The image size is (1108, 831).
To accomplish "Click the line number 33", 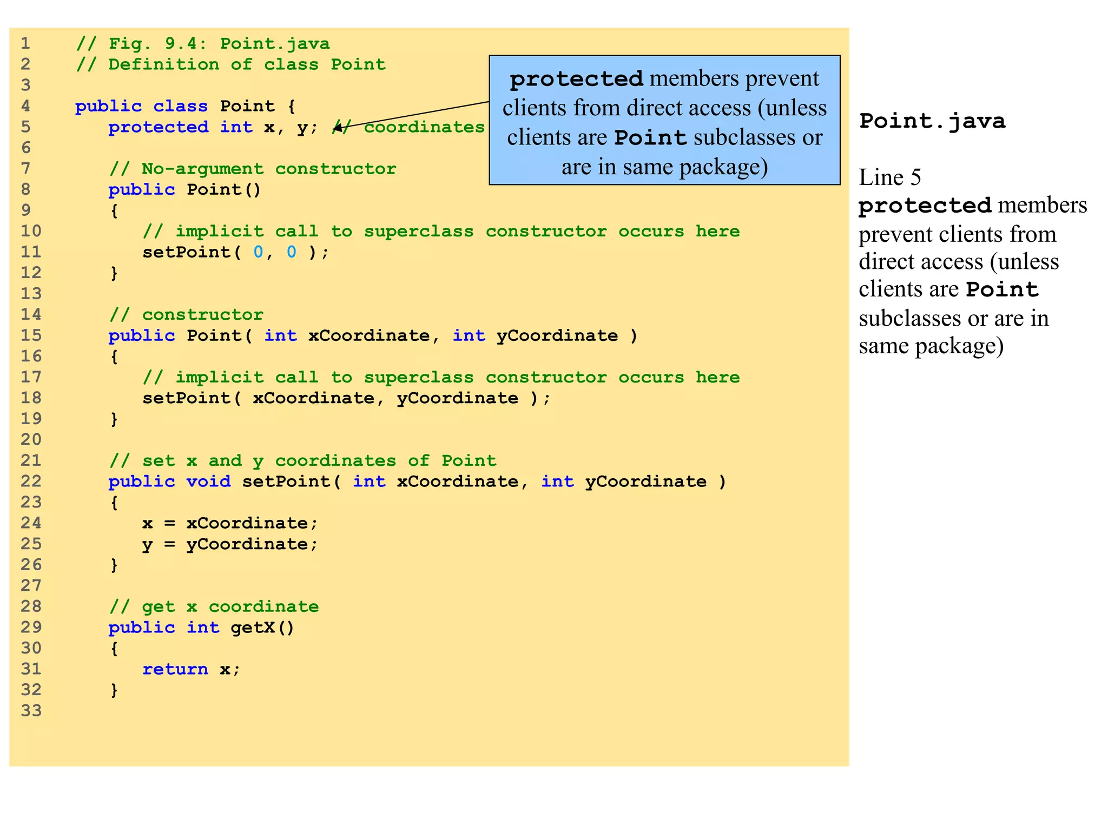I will tap(31, 710).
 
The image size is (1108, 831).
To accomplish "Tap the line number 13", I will tap(31, 294).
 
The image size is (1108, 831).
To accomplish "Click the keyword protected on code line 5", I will tap(158, 127).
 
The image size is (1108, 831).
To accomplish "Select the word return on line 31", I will tap(175, 669).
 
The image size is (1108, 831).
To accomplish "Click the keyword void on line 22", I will tap(208, 482).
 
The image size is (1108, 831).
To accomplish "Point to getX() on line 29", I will tap(262, 628).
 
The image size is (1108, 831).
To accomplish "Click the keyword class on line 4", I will tap(180, 106).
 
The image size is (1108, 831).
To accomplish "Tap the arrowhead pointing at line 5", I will tap(338, 128).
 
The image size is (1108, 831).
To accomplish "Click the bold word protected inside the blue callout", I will tap(576, 80).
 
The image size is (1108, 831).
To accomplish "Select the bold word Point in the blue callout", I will tap(650, 138).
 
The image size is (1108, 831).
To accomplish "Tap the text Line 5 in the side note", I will tap(889, 177).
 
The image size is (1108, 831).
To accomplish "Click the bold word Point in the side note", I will tap(1002, 289).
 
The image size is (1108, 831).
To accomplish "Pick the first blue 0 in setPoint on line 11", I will tap(258, 252).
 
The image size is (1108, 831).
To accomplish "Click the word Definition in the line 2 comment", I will tap(164, 64).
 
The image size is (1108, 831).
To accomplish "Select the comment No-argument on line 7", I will tap(202, 169).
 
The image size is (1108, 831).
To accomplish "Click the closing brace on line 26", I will tap(114, 565).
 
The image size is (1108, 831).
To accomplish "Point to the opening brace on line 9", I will tap(114, 210).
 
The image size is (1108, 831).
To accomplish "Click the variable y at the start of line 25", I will tap(147, 544).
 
